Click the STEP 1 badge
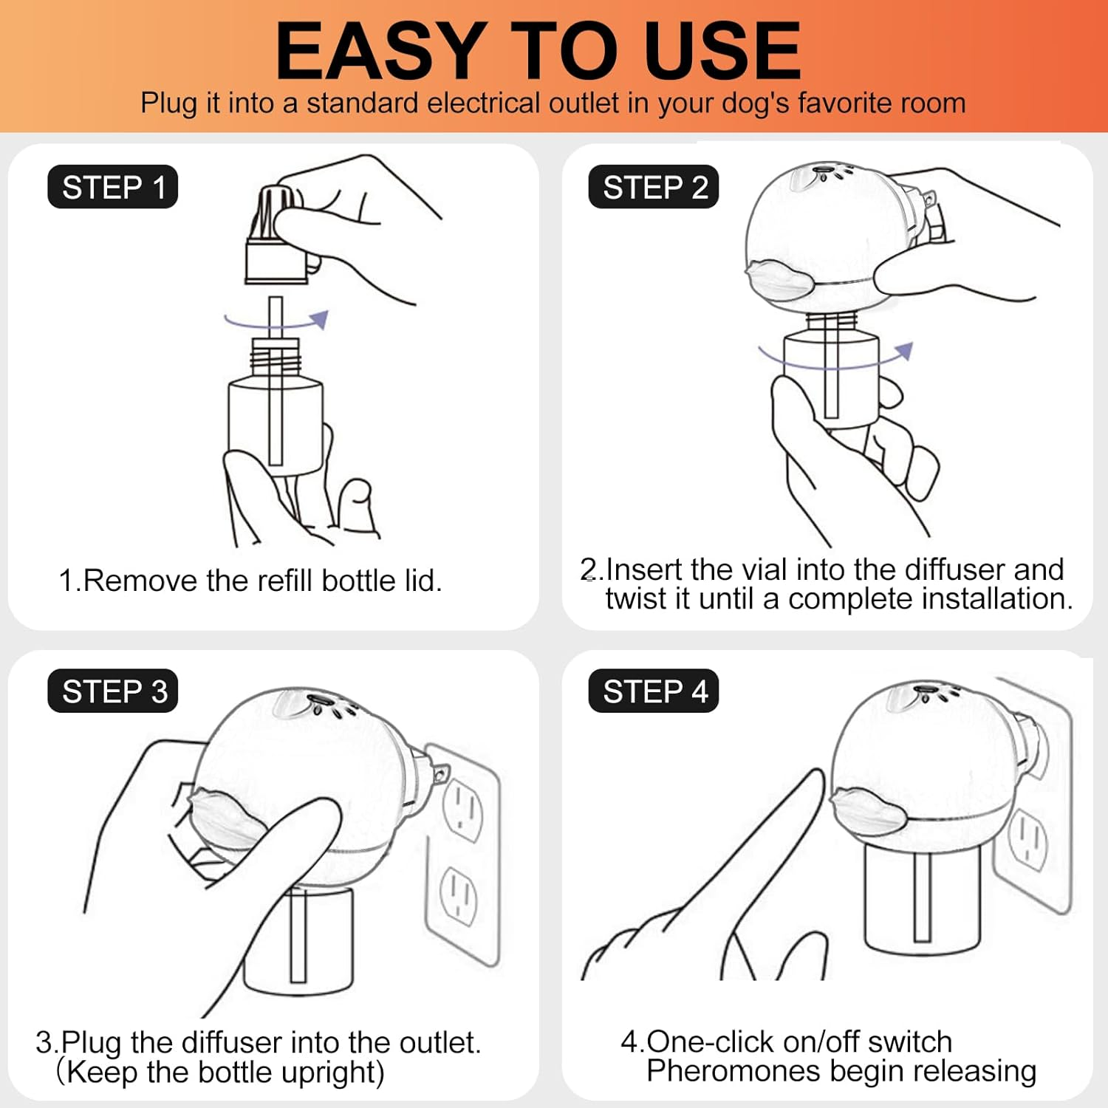coord(113,187)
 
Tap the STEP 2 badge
coord(654,187)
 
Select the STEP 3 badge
coord(113,691)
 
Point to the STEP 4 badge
coord(654,691)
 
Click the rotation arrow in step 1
coord(276,321)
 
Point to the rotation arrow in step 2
coord(835,358)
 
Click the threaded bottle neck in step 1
coord(276,358)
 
